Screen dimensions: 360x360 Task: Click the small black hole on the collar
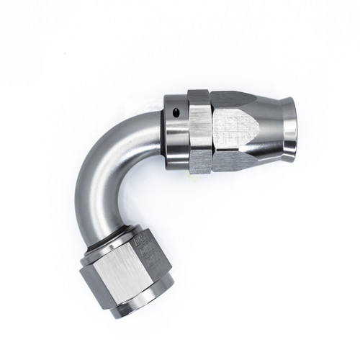(177, 112)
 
